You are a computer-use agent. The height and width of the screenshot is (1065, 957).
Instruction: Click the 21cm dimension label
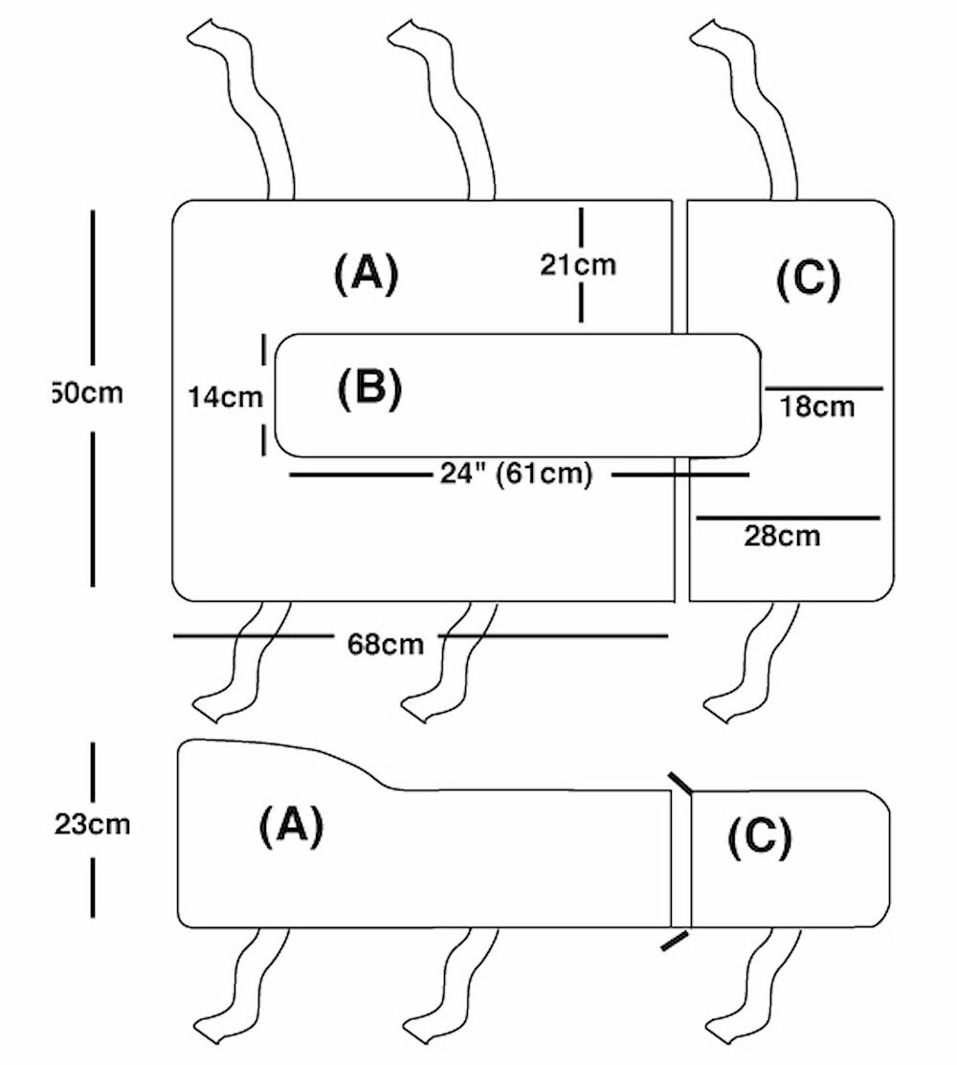pos(578,265)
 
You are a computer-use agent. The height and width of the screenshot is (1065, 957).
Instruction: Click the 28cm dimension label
pos(782,536)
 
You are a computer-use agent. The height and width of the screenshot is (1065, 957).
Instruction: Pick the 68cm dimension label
pos(386,644)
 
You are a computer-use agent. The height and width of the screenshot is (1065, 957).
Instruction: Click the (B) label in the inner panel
pos(369,388)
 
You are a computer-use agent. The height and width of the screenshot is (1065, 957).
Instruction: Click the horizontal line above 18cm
pos(824,388)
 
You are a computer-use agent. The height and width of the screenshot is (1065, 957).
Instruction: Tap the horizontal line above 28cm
pos(788,518)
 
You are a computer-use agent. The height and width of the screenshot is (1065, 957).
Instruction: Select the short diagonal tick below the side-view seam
pos(674,941)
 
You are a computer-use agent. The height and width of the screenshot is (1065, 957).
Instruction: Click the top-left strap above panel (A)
pos(245,105)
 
